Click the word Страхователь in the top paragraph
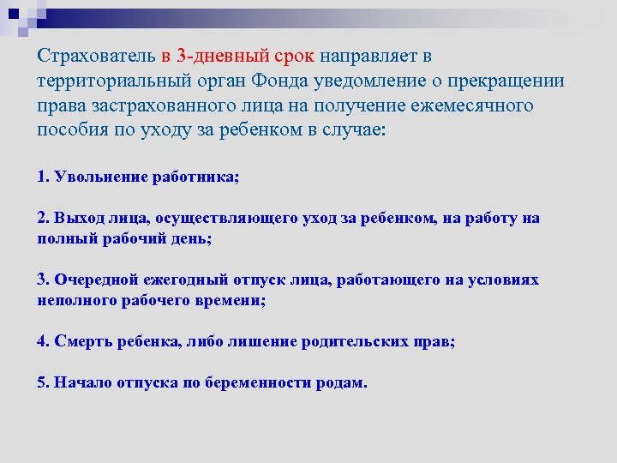95,57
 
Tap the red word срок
297,57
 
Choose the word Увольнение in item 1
100,177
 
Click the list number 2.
43,219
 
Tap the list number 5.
43,382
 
